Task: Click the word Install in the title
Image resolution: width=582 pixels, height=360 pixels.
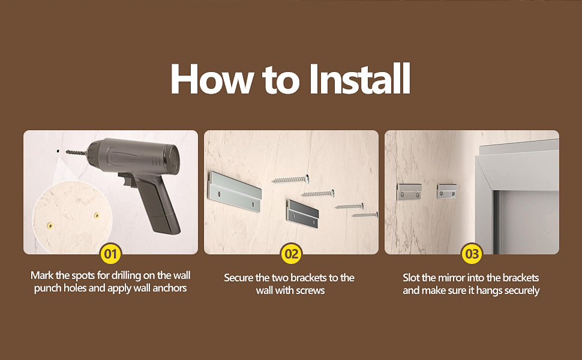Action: (359, 79)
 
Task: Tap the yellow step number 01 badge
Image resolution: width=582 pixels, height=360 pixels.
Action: (110, 254)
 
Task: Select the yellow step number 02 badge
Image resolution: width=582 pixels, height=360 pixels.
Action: (292, 254)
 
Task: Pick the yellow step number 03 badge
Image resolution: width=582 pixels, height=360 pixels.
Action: (472, 254)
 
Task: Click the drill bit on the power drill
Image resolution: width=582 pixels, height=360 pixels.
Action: (77, 152)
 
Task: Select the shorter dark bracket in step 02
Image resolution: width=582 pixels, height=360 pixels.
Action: (302, 214)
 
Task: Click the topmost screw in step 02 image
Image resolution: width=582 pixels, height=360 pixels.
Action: (290, 179)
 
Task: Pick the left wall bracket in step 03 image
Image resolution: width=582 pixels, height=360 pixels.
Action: (409, 191)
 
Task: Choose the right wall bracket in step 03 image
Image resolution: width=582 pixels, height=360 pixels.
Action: (446, 191)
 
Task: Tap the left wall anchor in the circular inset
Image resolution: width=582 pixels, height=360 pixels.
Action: (50, 225)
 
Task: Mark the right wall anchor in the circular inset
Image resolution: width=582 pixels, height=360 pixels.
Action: (97, 215)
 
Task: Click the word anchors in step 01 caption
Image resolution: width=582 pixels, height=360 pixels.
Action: (170, 288)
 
